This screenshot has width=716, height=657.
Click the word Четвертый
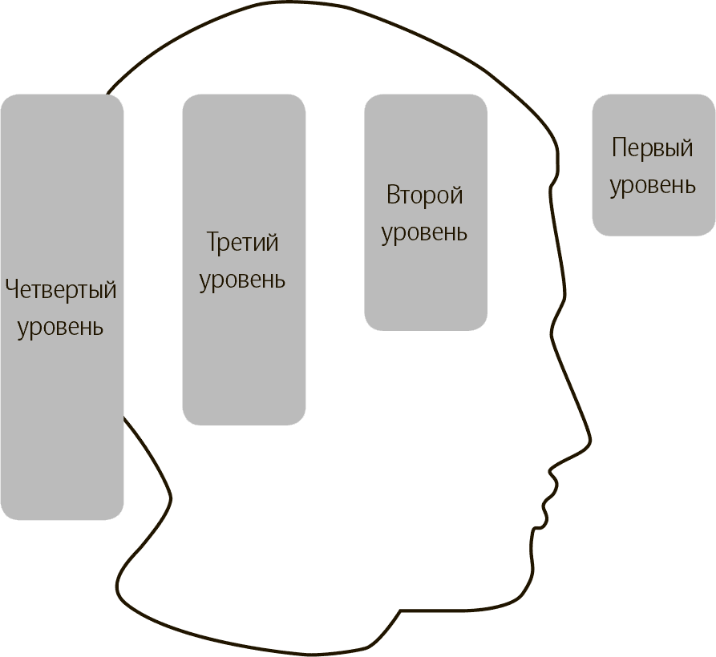click(x=61, y=290)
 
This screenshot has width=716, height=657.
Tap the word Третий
click(x=242, y=242)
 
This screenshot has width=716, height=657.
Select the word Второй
click(x=425, y=195)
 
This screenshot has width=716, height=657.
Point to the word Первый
click(x=652, y=148)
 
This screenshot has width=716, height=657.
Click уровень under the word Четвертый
click(x=61, y=327)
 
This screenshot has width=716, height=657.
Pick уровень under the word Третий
click(x=242, y=280)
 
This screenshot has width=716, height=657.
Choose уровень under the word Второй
click(x=424, y=232)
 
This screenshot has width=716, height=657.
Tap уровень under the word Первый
click(x=653, y=185)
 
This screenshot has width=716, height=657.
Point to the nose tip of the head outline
click(x=591, y=440)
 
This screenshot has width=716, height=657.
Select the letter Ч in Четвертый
click(x=11, y=289)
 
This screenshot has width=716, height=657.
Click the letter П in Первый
click(x=619, y=148)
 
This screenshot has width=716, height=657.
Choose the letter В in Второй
click(x=393, y=195)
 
